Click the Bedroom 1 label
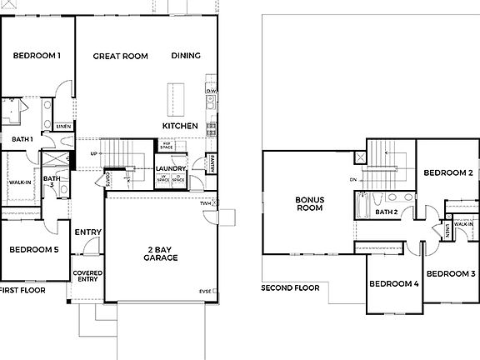click(x=37, y=56)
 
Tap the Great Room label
click(x=120, y=56)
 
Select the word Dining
click(x=186, y=56)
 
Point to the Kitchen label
click(x=180, y=126)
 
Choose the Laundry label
click(x=171, y=169)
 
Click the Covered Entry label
click(x=87, y=276)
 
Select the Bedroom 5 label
click(x=33, y=250)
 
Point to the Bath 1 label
click(x=22, y=139)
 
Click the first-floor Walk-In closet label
click(x=20, y=182)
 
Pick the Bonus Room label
click(x=309, y=204)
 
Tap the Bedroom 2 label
click(x=448, y=172)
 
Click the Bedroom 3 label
click(x=451, y=273)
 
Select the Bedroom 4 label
click(x=394, y=284)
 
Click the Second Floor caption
click(x=290, y=288)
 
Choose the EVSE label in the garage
click(x=205, y=291)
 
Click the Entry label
click(x=88, y=232)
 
